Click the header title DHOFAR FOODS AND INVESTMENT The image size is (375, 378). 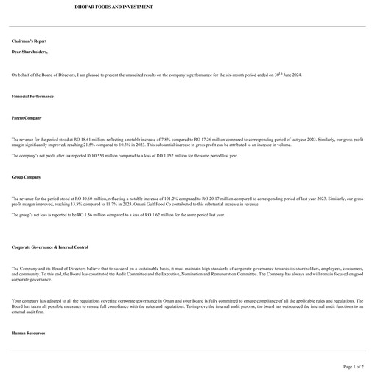pyautogui.click(x=114, y=7)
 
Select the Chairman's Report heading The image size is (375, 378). pyautogui.click(x=29, y=41)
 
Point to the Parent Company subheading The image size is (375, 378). pyautogui.click(x=27, y=118)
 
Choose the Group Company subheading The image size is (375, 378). pyautogui.click(x=27, y=178)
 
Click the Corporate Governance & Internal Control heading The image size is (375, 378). pyautogui.click(x=50, y=247)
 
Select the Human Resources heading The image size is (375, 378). pyautogui.click(x=28, y=334)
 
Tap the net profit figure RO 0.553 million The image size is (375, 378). pyautogui.click(x=86, y=156)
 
